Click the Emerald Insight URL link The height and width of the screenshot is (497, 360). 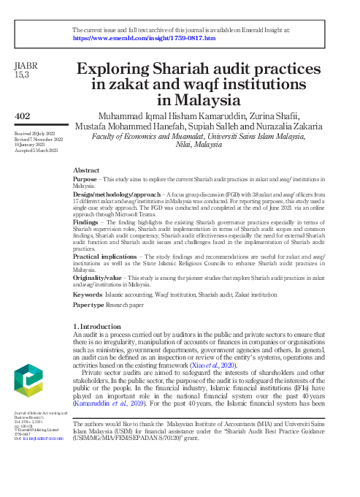[144, 37]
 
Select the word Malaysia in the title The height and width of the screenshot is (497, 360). [210, 100]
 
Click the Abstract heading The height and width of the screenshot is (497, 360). [86, 170]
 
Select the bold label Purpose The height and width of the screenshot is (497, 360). [84, 178]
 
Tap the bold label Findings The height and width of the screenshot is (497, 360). [86, 218]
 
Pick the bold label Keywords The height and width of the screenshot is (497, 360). [88, 294]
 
